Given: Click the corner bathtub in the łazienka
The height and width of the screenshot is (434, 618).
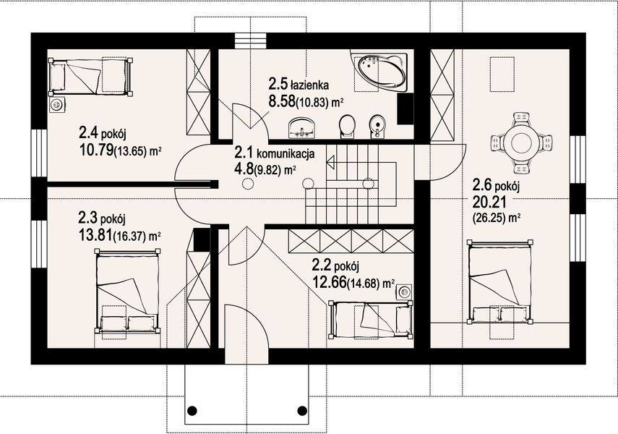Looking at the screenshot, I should [x=380, y=71].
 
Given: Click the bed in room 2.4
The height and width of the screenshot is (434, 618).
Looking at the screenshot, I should [x=90, y=76].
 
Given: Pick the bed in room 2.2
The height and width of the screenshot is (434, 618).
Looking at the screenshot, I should [x=371, y=318].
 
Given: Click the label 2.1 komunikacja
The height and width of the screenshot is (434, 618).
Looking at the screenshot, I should [x=274, y=153].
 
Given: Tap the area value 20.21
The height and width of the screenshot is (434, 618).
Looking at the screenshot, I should [x=489, y=200].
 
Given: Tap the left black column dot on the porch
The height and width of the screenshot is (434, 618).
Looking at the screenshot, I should [x=192, y=411].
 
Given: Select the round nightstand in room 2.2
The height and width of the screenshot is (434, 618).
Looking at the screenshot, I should [x=403, y=291].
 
